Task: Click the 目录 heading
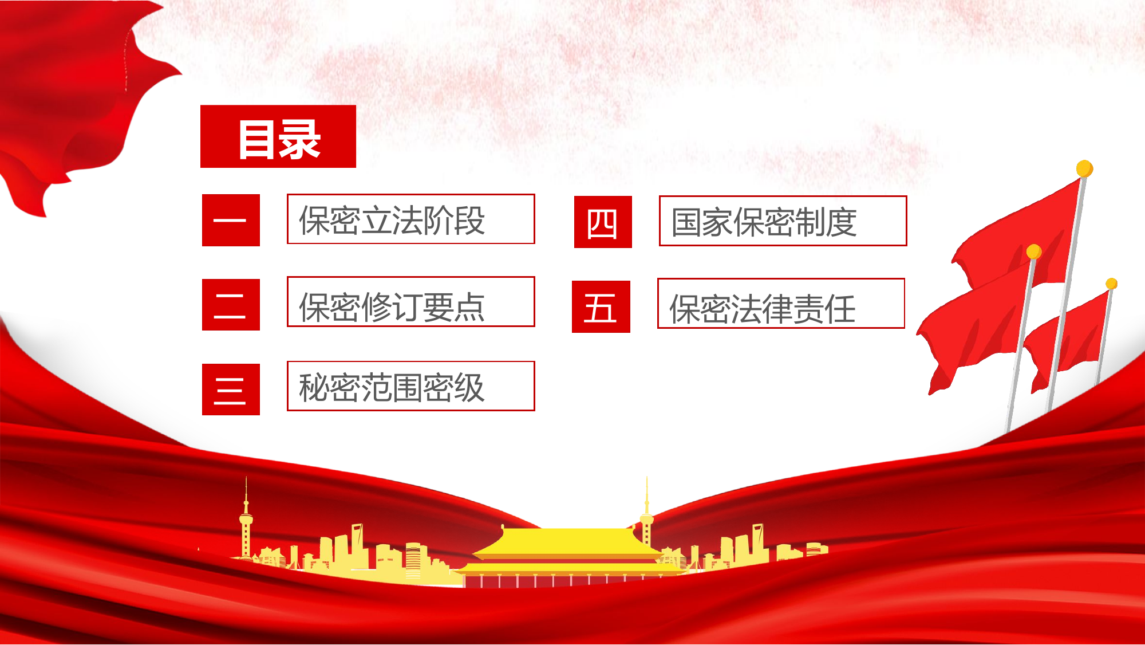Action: point(278,137)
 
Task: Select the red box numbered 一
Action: point(231,221)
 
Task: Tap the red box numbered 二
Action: point(231,305)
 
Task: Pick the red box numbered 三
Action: point(231,390)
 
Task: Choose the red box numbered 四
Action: point(603,222)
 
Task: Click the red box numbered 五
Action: point(601,307)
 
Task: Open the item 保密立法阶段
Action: point(410,219)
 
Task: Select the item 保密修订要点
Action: point(410,302)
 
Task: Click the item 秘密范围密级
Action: point(410,387)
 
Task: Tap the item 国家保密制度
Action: point(783,221)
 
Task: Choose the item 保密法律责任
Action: point(781,304)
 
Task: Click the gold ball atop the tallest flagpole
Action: point(1084,168)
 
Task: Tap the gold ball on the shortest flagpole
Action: point(1111,284)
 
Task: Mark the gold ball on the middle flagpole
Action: point(1033,251)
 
